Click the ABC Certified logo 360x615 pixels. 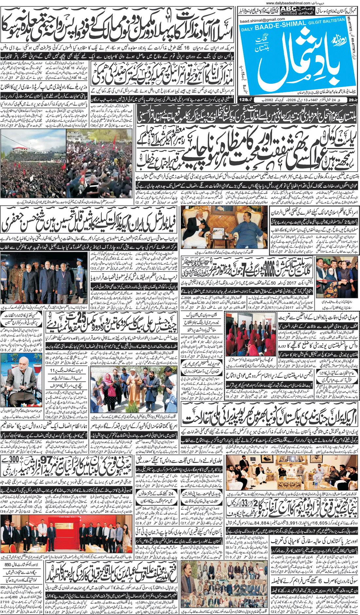(288, 11)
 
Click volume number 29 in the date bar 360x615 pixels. (351, 100)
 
